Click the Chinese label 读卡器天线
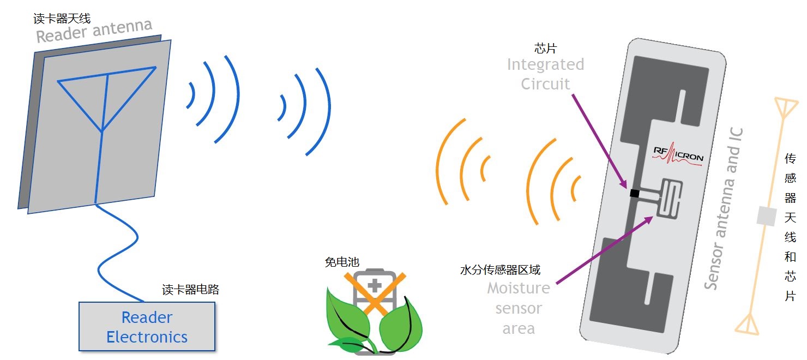coord(62,19)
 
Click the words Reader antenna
coord(94,31)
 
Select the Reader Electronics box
coord(147,327)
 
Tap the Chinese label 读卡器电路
coord(191,290)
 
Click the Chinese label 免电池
coord(342,262)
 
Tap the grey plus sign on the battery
coord(375,285)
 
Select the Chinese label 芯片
coord(545,49)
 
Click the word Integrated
coord(545,65)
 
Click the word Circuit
coord(545,84)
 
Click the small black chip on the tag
coord(635,193)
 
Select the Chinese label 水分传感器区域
coord(500,270)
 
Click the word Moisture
coord(519,289)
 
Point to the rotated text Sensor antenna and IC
coord(724,209)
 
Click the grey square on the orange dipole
coord(766,216)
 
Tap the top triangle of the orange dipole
coord(785,107)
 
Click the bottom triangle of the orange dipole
coord(748,325)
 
